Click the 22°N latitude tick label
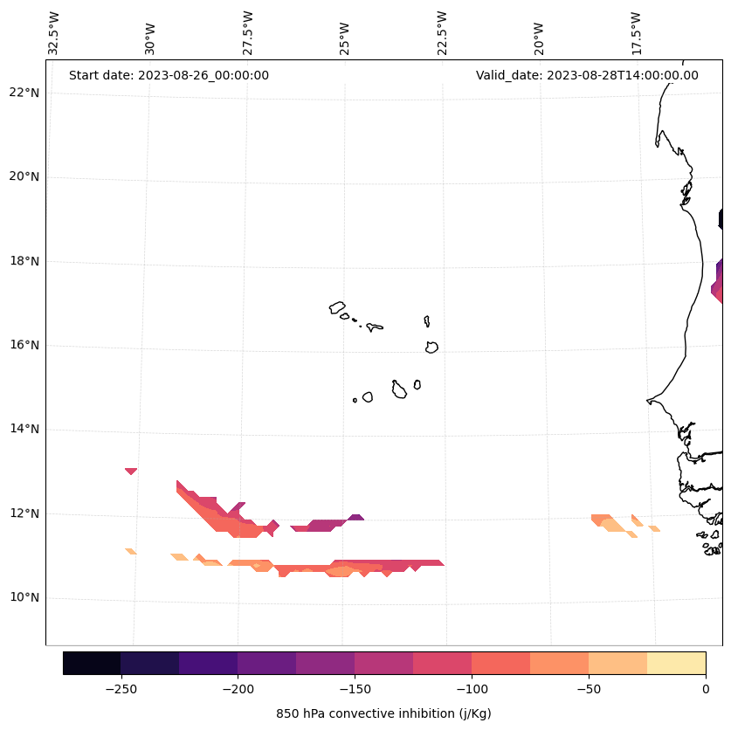click(x=24, y=93)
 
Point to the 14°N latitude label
click(x=24, y=429)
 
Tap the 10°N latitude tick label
click(x=24, y=597)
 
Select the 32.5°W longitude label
click(x=54, y=33)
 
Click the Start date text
click(x=169, y=75)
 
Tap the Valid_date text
click(x=587, y=75)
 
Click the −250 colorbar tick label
click(x=121, y=690)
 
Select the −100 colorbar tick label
click(x=472, y=690)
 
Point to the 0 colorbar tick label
click(x=706, y=690)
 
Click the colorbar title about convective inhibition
click(x=383, y=713)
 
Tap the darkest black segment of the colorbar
click(x=92, y=663)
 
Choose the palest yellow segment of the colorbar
click(x=676, y=663)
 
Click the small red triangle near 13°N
click(x=131, y=471)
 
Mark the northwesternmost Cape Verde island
click(x=337, y=307)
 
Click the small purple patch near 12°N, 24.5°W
click(x=355, y=517)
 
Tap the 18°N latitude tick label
click(x=24, y=261)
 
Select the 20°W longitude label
click(x=539, y=33)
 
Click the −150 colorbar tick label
click(x=355, y=690)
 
